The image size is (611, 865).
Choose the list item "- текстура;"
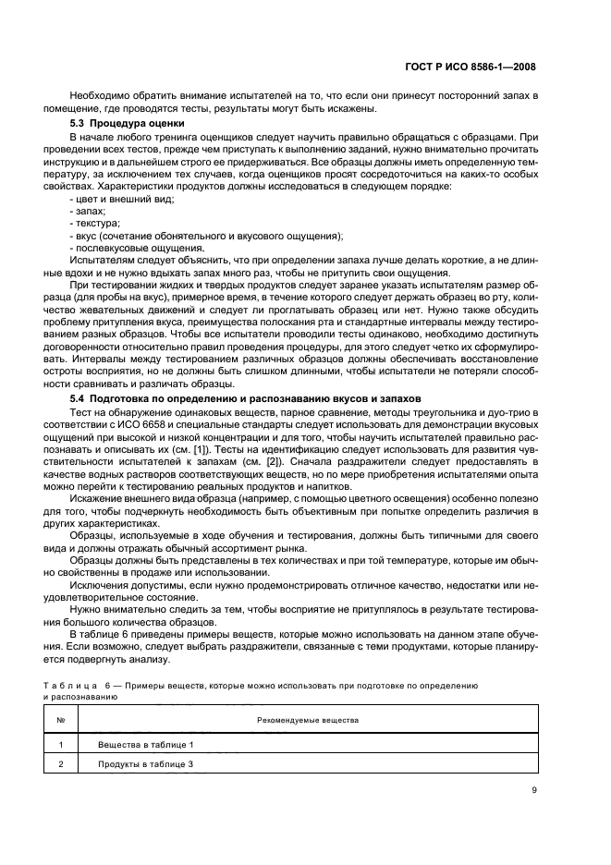[x=96, y=225]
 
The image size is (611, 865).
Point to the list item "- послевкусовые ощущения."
[x=126, y=249]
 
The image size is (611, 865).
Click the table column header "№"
[x=61, y=719]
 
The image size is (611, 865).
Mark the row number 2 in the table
[x=61, y=764]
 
